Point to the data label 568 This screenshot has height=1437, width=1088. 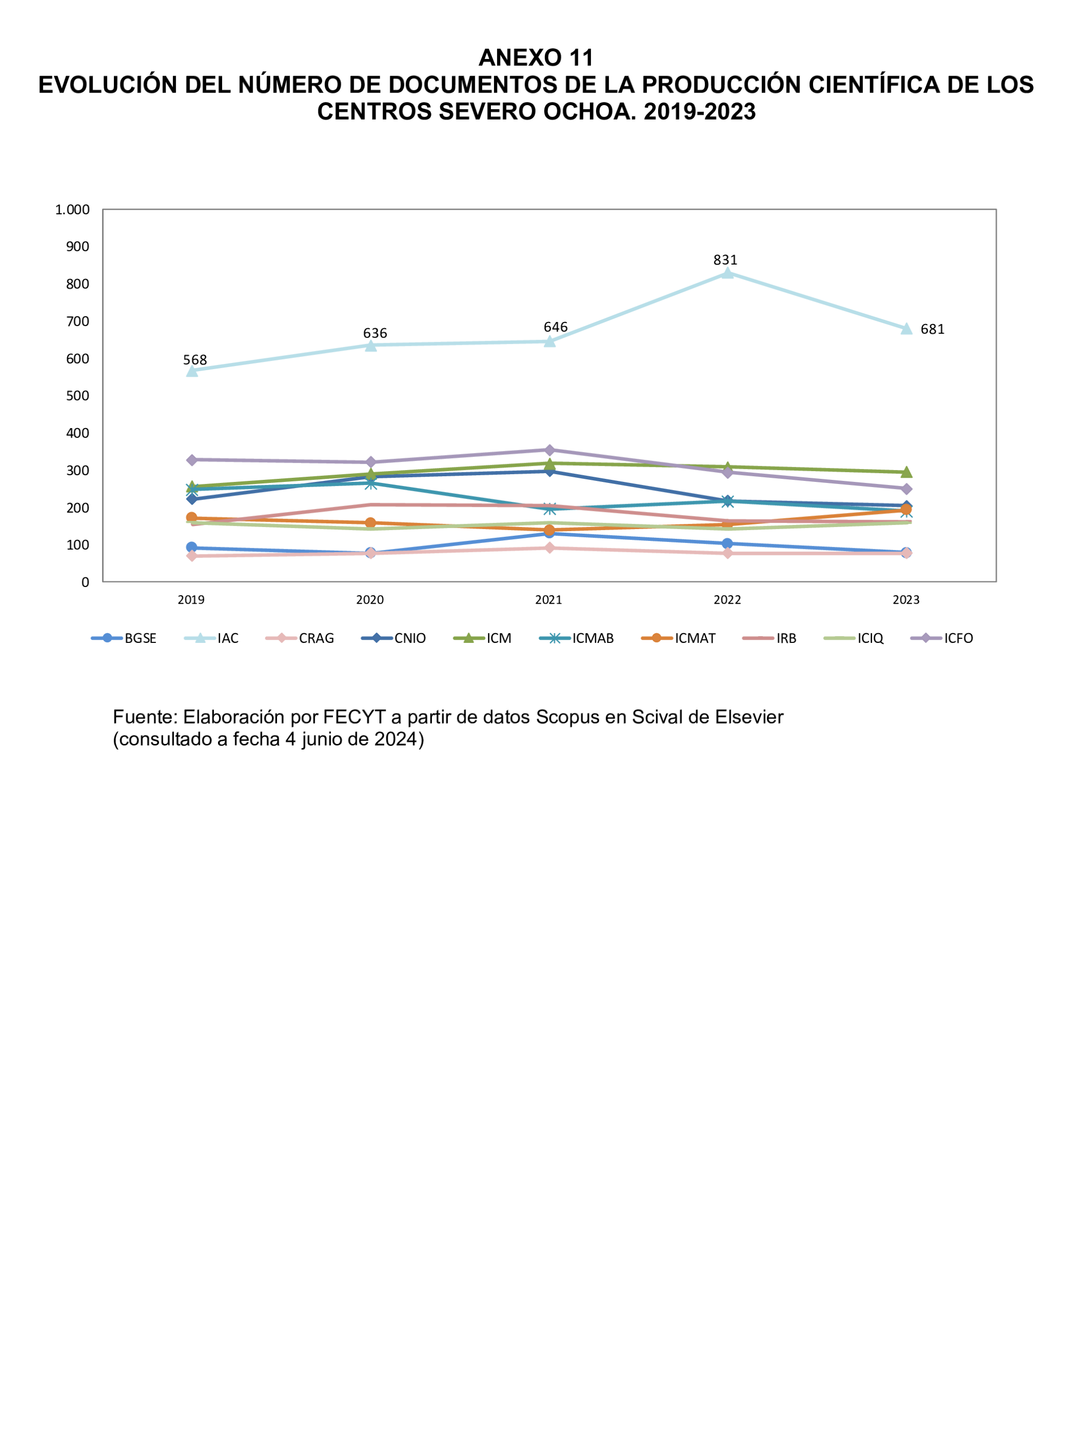tap(195, 360)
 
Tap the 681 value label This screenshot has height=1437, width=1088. tap(932, 329)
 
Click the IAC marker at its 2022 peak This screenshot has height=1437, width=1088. tap(727, 273)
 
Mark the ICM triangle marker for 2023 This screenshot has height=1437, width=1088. tap(906, 472)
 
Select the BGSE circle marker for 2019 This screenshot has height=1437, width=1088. tap(192, 548)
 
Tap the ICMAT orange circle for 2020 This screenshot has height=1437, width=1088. tap(370, 523)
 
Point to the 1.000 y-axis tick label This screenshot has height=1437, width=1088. tap(72, 210)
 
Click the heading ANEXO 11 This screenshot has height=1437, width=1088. tap(535, 58)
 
